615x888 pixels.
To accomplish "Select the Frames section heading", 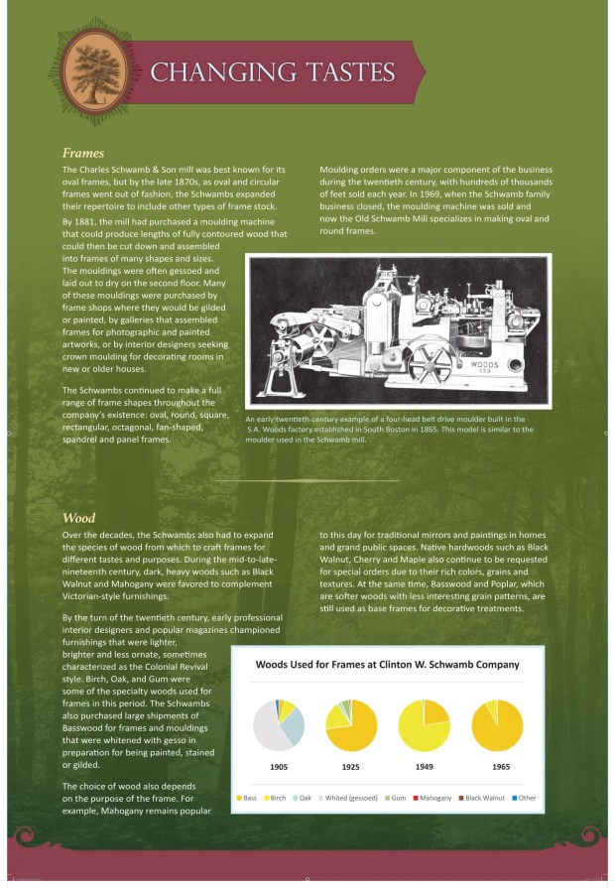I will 82,154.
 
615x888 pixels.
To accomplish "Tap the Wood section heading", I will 78,518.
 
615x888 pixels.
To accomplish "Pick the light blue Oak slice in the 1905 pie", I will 293,724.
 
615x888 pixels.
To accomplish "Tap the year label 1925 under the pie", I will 350,766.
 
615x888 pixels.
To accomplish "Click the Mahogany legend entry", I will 434,798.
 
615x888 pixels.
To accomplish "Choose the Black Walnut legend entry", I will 485,798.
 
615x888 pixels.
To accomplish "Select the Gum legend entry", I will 397,798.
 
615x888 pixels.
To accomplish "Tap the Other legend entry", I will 526,798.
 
